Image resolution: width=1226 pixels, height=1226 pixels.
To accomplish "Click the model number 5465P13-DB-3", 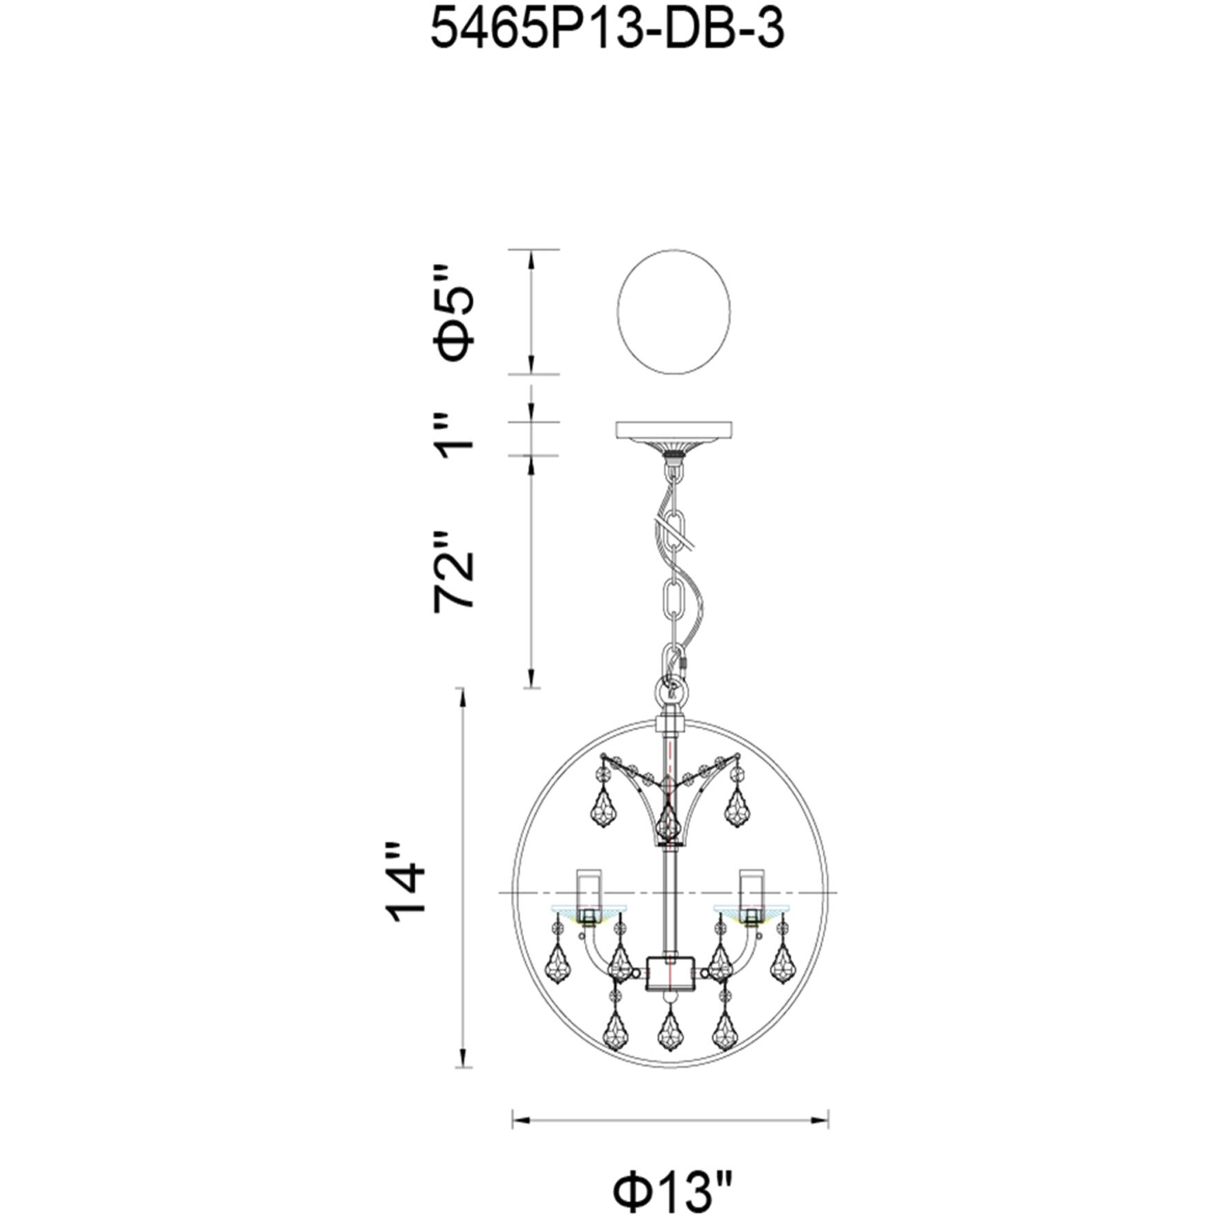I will pos(607,31).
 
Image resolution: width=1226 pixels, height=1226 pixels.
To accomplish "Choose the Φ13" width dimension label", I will pos(671,1169).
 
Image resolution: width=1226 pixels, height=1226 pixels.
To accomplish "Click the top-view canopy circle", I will pos(674,312).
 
